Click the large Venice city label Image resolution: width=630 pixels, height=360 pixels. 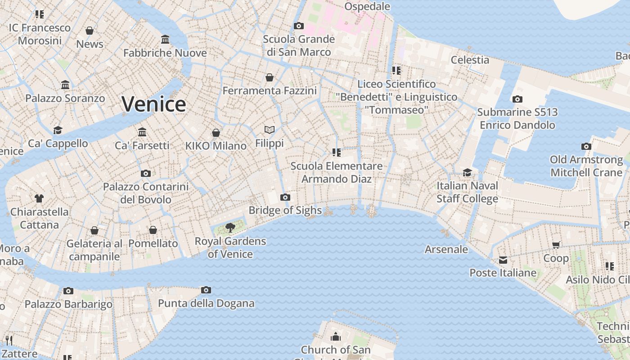coord(154,104)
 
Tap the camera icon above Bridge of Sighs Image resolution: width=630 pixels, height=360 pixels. coord(285,197)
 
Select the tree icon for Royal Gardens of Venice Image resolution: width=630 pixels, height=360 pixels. coord(230,228)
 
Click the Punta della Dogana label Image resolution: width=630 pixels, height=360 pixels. coord(206,303)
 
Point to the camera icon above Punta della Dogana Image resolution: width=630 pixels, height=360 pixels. coord(206,290)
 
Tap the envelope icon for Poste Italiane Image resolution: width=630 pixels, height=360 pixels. coord(503,260)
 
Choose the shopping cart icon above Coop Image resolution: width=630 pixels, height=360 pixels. coord(556,245)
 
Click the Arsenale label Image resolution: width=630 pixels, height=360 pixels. coord(446,249)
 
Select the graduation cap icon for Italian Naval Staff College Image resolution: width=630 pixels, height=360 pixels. coord(468,172)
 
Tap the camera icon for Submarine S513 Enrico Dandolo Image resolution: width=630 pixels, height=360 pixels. coord(517,99)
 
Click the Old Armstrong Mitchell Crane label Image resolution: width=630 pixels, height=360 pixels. coord(586,166)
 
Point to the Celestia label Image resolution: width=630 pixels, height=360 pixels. coord(470,60)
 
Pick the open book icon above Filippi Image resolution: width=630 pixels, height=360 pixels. coord(270,130)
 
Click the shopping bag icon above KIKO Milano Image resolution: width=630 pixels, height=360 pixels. coord(216,133)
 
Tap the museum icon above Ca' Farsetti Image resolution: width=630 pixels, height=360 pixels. coord(142,132)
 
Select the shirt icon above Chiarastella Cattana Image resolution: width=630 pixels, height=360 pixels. coord(39,198)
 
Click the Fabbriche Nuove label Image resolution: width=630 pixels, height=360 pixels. coord(165,53)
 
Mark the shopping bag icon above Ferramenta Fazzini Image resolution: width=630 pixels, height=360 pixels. coord(270,77)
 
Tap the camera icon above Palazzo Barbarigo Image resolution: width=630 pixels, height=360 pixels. coord(68,291)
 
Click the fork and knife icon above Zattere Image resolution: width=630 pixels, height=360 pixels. coord(9,340)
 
